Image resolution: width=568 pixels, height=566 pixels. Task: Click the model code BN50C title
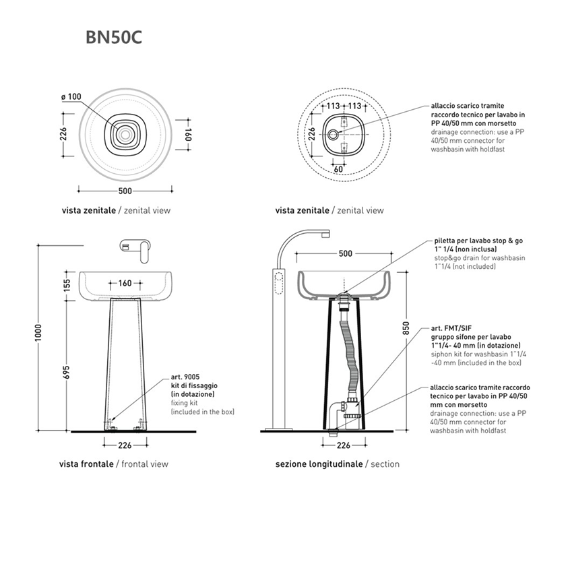point(113,37)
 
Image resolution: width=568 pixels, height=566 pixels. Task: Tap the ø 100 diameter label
point(71,97)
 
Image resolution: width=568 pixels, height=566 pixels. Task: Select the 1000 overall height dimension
point(40,338)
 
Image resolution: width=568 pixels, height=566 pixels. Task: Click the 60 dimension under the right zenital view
point(339,169)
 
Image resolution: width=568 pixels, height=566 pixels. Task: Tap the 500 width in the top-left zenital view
point(125,190)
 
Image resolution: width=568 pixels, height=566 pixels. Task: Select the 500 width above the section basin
point(345,254)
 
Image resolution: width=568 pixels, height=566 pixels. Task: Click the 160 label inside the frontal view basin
point(125,283)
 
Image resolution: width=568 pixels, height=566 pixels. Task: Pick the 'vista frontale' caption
point(86,464)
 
